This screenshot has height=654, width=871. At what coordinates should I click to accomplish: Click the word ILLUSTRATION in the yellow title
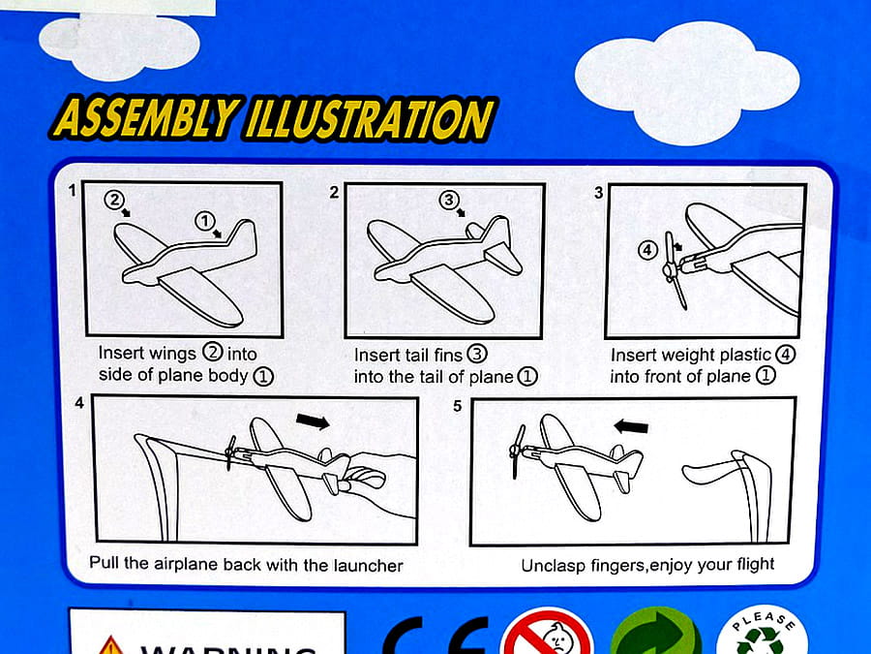coord(370,119)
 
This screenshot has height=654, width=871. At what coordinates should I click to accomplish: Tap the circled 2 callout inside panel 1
coord(114,199)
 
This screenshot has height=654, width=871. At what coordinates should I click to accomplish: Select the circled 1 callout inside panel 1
coord(205,221)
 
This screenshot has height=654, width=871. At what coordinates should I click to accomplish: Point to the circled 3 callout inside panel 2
coord(449,199)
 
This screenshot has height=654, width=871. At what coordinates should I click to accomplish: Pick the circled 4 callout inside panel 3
coord(647,250)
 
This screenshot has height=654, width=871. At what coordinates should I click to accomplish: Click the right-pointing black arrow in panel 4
coord(313,421)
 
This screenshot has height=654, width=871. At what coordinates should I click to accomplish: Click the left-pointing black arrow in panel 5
coord(631,426)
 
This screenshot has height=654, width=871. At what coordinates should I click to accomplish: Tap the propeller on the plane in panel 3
coord(675,270)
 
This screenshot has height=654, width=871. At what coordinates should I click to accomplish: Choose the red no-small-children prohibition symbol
coord(547,633)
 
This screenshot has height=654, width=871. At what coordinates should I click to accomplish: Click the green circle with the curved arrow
coord(656,633)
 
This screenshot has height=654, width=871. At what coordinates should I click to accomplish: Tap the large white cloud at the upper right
coord(687,83)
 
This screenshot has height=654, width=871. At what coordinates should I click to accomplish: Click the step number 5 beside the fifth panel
coord(457,406)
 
